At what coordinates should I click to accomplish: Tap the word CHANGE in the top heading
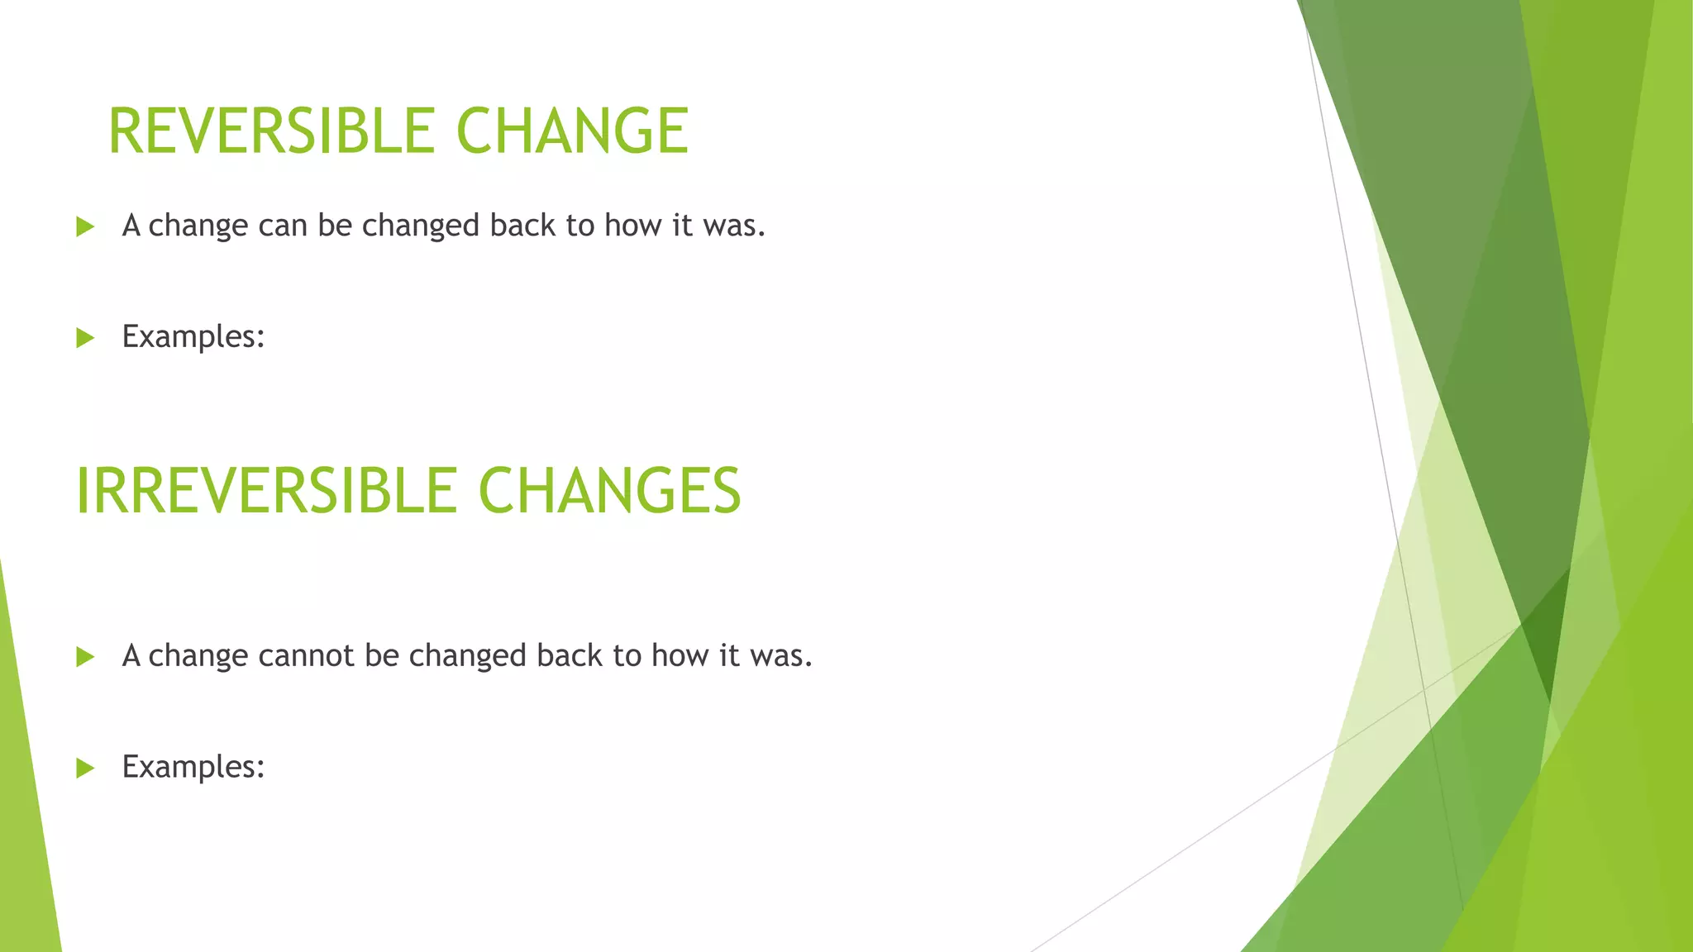[572, 131]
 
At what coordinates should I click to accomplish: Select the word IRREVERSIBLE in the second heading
[265, 491]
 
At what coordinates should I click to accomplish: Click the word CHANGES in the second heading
[609, 491]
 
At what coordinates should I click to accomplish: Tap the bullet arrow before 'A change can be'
[85, 226]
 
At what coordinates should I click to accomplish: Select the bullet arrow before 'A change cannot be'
[85, 657]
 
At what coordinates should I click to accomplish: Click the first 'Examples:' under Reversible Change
[193, 337]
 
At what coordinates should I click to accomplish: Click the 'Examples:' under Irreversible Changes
[193, 768]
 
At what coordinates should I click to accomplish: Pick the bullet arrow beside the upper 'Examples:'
[85, 338]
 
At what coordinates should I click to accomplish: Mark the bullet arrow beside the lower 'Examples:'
[85, 769]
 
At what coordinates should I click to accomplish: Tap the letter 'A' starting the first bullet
[131, 226]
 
